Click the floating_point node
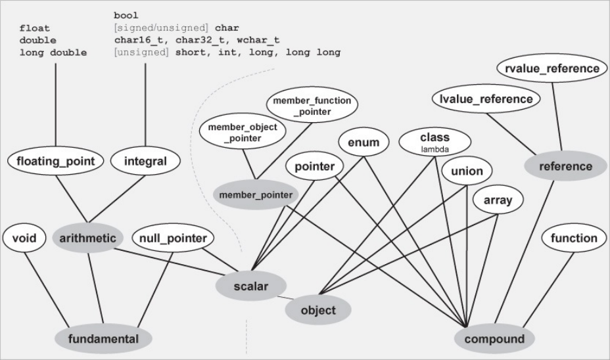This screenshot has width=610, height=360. pos(56,161)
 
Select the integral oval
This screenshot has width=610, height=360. pos(145,161)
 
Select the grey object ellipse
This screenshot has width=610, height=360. pos(317,310)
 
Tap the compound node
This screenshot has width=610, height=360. pos(494,339)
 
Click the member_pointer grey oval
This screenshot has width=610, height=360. pos(256,194)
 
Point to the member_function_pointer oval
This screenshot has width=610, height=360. pos(314,106)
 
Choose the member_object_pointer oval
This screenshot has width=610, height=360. pos(243,131)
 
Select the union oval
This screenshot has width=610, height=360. pos(467,172)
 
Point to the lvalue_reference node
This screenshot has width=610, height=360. pos(486,99)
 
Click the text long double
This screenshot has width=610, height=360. pos(53,53)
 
